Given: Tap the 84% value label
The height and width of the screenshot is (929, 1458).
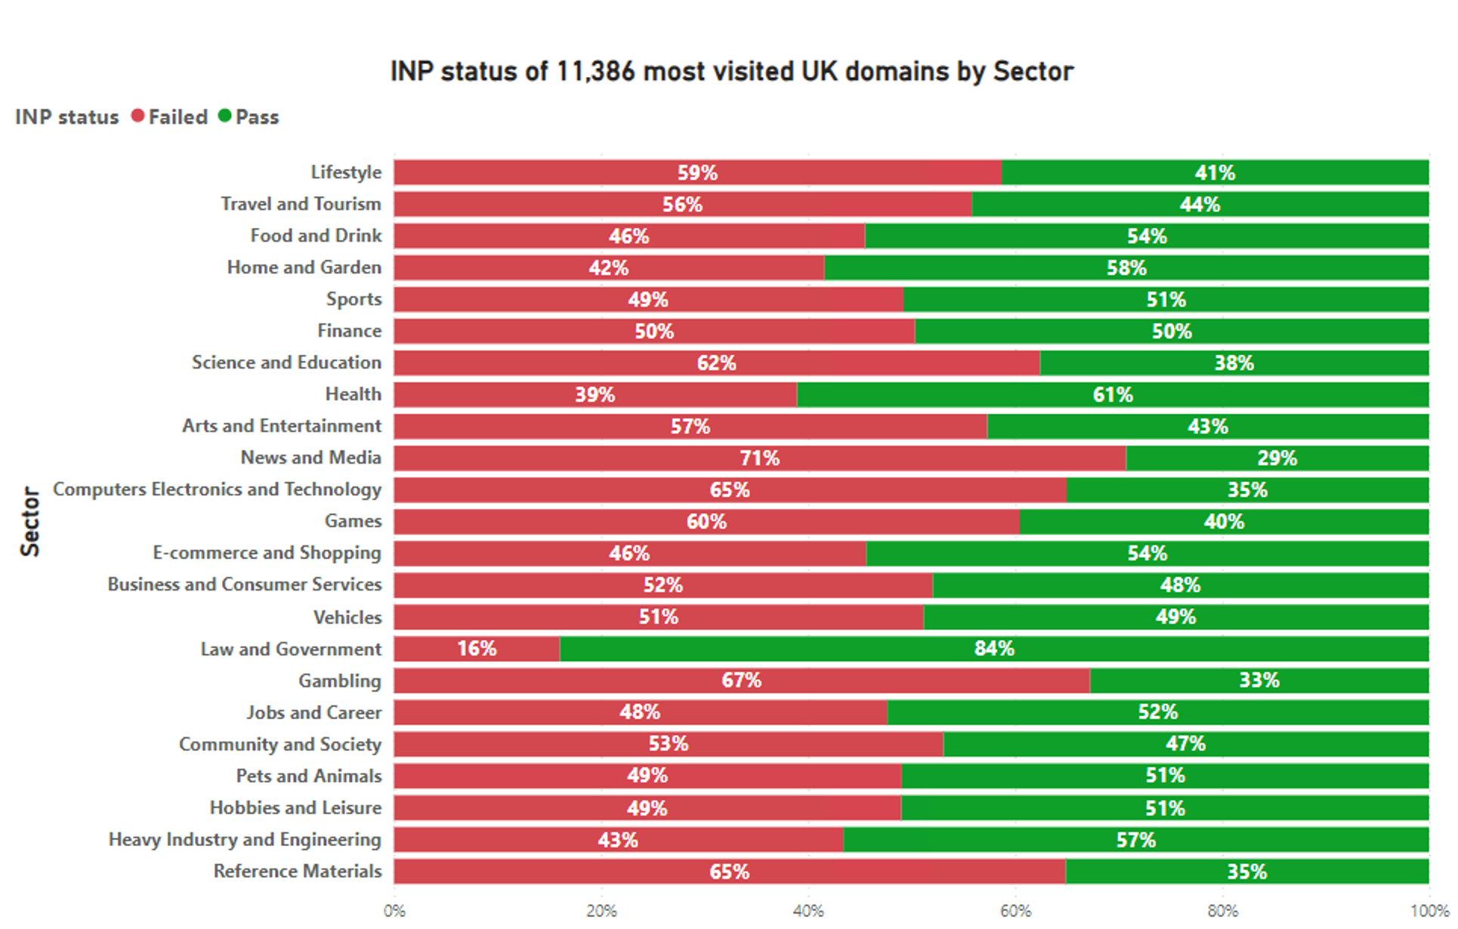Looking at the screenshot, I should pos(993,649).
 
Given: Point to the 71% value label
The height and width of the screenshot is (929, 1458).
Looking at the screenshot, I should pos(759,458).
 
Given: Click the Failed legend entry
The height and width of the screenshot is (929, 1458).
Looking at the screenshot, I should pos(170,117).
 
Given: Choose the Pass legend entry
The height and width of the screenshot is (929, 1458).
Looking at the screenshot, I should pos(249,117).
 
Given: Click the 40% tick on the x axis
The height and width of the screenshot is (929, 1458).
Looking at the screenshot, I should pos(808,911).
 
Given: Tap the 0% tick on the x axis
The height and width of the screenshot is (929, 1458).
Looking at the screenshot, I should pos(394,911).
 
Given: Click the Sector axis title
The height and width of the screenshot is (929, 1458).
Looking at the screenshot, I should pos(30,521).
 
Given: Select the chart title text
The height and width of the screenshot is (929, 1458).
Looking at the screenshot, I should pos(731,72).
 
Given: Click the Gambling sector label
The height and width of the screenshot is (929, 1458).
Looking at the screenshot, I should pos(340,681).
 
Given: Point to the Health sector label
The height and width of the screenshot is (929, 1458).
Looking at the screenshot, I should pos(353,394).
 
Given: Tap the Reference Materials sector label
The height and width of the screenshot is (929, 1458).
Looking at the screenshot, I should pos(298,871).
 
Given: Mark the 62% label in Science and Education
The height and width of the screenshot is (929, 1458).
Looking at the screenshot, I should pos(716,363).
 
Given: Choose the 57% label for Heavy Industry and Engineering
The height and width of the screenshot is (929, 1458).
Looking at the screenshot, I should pos(1135,840).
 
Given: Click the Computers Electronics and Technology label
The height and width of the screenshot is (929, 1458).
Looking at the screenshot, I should pos(217,489).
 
